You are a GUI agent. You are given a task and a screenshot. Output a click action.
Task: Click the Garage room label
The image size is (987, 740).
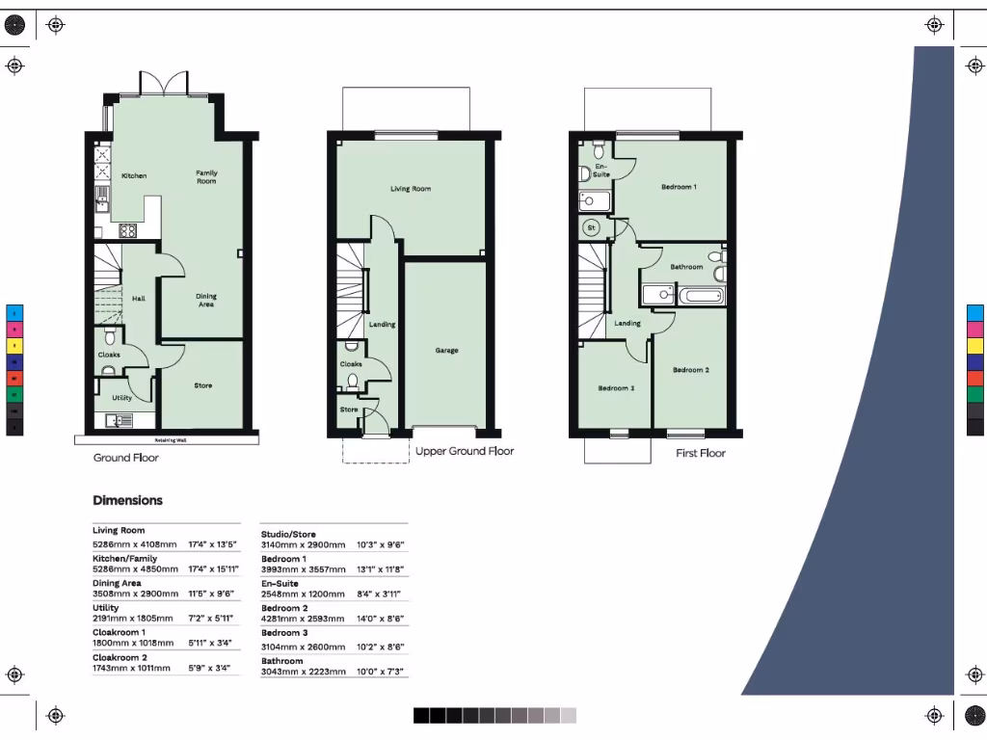tap(446, 351)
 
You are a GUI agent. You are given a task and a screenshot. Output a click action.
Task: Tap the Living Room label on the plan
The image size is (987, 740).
tap(411, 189)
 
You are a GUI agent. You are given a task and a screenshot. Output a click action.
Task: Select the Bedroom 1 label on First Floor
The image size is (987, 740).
tap(679, 187)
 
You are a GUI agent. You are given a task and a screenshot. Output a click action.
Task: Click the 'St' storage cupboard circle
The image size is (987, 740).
tap(592, 228)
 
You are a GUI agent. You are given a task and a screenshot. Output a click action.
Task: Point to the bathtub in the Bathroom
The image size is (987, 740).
tap(701, 295)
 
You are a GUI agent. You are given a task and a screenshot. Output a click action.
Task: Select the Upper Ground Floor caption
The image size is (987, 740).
tap(465, 451)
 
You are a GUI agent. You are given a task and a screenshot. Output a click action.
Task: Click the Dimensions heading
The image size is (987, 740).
tap(127, 500)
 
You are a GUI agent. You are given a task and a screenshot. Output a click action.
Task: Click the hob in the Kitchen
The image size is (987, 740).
tap(127, 230)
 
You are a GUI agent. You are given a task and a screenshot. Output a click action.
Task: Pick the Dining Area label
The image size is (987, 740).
tap(206, 301)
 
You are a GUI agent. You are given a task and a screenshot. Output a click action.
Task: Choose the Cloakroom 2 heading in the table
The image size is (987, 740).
tap(120, 657)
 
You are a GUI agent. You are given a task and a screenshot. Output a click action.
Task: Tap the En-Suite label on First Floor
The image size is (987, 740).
tap(601, 171)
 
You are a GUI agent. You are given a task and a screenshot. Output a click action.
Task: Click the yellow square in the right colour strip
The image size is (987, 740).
tap(975, 345)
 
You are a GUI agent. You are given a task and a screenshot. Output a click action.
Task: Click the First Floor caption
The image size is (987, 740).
tap(700, 453)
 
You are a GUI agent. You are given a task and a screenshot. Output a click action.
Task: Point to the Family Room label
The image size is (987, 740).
tap(206, 177)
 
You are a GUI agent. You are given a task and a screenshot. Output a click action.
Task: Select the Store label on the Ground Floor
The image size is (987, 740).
tap(202, 385)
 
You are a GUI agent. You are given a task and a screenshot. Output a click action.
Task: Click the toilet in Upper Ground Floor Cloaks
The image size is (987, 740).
tap(353, 382)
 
